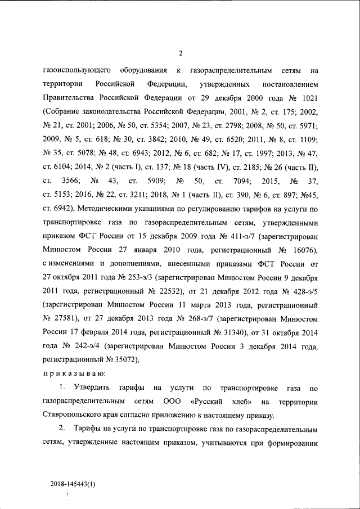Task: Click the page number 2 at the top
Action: pyautogui.click(x=181, y=53)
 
